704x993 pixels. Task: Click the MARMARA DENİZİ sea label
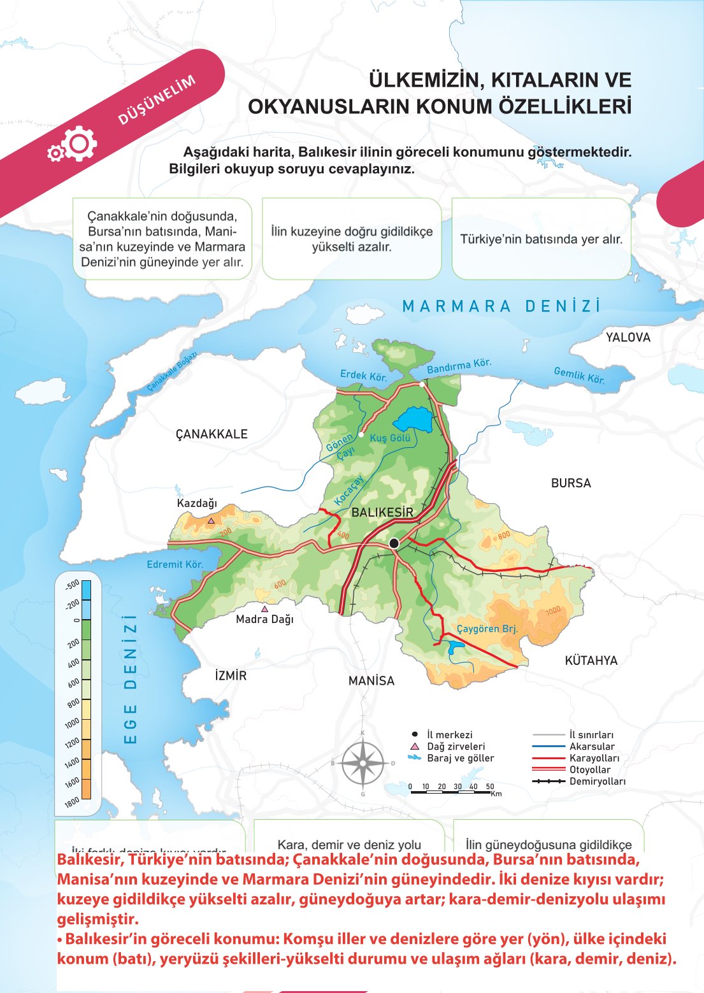(501, 306)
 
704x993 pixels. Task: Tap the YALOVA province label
(628, 338)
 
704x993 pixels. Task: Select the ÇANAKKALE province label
(212, 434)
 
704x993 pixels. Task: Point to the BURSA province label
(571, 483)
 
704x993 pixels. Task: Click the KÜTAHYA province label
(591, 661)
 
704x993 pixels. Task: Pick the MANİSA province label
(371, 681)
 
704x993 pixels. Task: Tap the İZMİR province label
(231, 676)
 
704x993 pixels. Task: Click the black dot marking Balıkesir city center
(394, 543)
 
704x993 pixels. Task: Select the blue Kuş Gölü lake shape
(413, 420)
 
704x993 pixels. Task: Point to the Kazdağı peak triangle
(212, 520)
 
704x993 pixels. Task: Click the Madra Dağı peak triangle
(264, 609)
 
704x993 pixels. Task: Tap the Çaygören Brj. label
(487, 629)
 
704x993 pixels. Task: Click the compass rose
(363, 763)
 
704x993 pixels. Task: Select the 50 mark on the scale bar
(489, 787)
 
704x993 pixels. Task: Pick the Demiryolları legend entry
(597, 782)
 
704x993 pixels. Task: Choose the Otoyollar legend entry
(589, 769)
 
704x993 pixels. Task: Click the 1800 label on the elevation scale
(72, 801)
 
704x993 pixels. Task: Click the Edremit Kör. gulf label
(175, 564)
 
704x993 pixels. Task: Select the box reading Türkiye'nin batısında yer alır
(541, 239)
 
